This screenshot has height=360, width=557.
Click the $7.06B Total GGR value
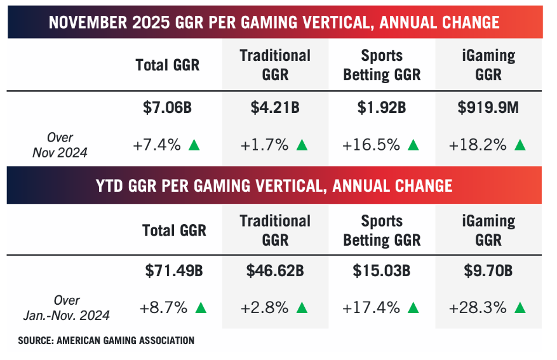(167, 108)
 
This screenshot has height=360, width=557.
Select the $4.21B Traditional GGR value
(275, 108)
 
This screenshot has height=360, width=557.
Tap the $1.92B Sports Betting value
(382, 108)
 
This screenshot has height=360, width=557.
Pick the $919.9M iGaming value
(488, 108)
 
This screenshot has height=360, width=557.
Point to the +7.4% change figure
(158, 145)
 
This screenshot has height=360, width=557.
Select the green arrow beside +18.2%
(520, 145)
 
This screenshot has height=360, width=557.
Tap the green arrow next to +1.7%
(302, 145)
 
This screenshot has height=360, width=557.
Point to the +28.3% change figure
(478, 308)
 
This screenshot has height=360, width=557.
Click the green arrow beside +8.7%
(201, 308)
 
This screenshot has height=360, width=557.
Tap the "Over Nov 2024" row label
(60, 144)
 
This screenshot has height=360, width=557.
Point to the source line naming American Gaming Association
(106, 341)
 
